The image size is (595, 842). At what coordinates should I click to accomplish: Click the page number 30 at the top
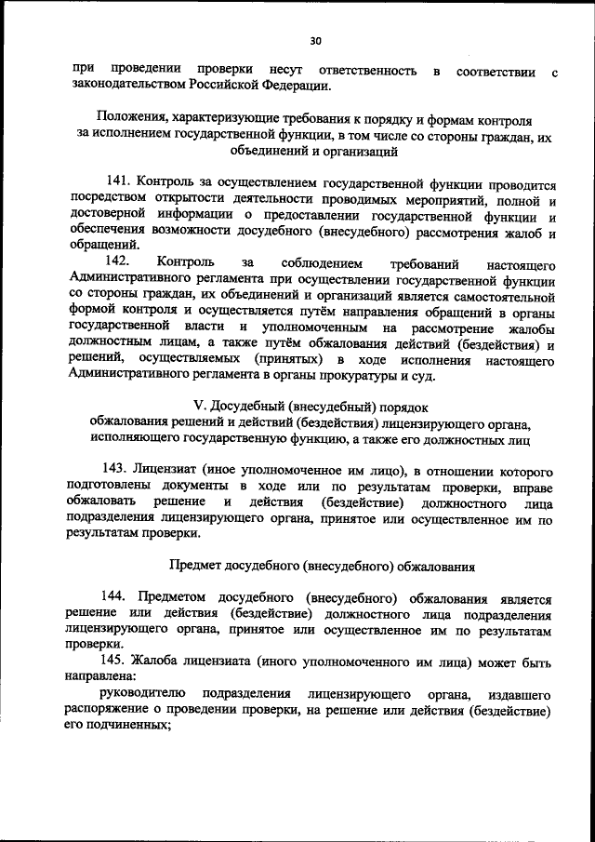tap(315, 41)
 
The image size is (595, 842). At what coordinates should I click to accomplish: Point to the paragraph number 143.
tap(113, 472)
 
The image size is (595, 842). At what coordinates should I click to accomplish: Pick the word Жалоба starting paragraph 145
tap(159, 663)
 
